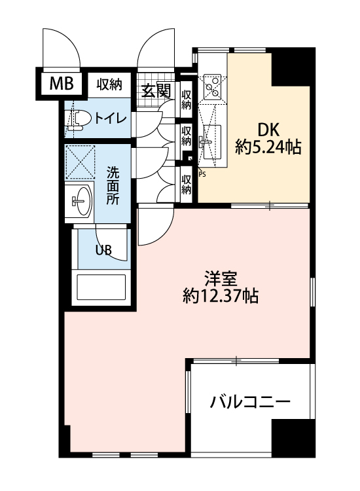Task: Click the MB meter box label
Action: click(62, 84)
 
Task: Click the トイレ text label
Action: click(111, 118)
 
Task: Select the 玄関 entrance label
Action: click(156, 90)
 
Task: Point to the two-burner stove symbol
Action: click(212, 86)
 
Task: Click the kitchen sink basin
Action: click(212, 142)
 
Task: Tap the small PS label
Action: click(202, 175)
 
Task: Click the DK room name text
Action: click(268, 129)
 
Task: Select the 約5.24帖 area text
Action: click(268, 147)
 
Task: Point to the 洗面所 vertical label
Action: click(113, 186)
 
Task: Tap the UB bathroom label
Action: click(103, 250)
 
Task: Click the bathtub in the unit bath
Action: click(101, 287)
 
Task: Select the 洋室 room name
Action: click(221, 279)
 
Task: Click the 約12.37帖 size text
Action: click(221, 296)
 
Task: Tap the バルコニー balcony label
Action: click(250, 402)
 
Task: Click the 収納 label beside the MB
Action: click(109, 84)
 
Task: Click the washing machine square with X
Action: click(80, 162)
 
